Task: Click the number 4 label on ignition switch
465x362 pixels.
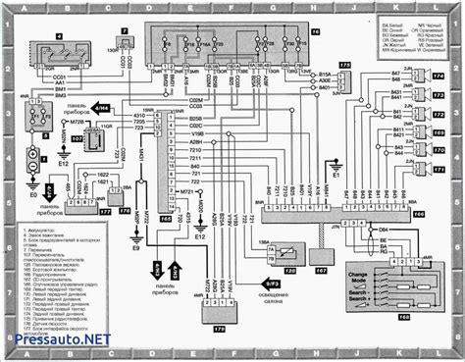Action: pyautogui.click(x=58, y=36)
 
